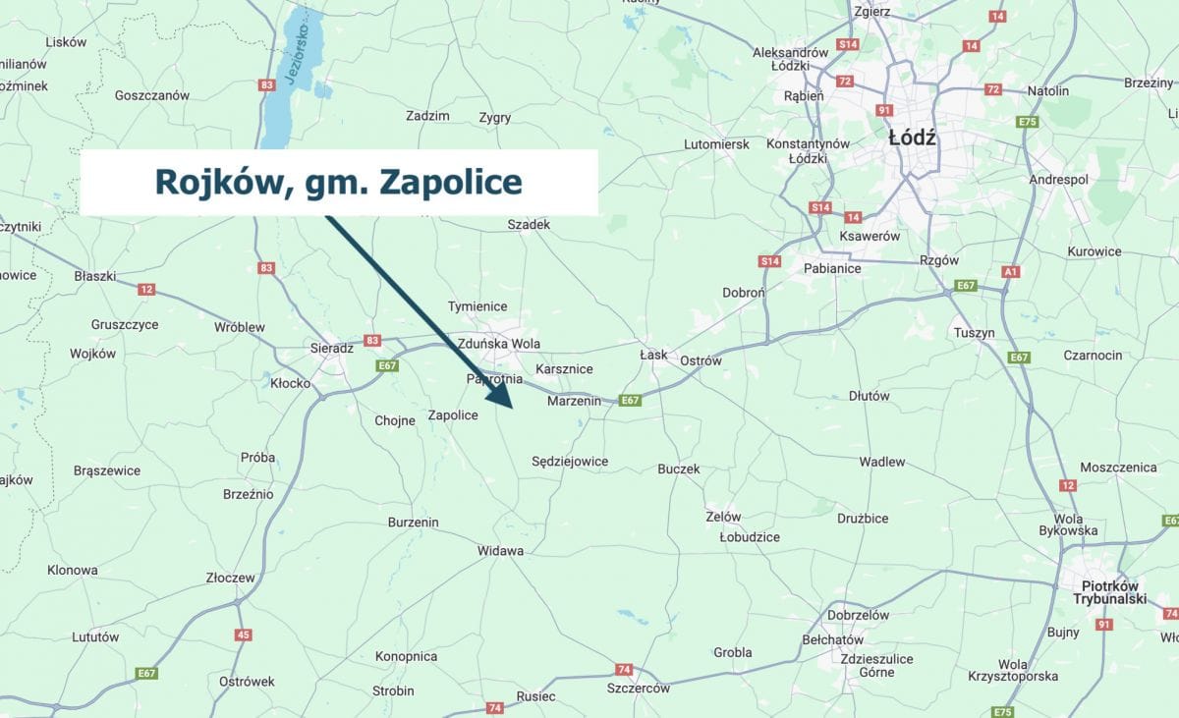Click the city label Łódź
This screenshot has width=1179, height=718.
912,138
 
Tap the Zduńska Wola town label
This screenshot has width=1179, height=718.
498,344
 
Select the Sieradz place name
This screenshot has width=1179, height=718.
331,348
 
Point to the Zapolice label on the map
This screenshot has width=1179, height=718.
453,415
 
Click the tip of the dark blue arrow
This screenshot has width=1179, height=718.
512,406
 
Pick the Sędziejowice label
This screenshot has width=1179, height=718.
569,462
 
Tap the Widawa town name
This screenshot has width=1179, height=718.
500,551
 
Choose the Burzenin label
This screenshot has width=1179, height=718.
413,523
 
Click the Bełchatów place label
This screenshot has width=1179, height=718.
832,640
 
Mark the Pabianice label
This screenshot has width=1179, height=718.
832,268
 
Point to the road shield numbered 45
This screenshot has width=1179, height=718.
243,635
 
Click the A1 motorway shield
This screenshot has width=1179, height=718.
1012,271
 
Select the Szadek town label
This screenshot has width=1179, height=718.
529,225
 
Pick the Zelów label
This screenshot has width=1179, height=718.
723,517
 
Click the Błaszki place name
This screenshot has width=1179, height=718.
94,276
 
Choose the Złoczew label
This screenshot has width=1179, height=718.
231,579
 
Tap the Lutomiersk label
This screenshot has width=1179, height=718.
716,144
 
